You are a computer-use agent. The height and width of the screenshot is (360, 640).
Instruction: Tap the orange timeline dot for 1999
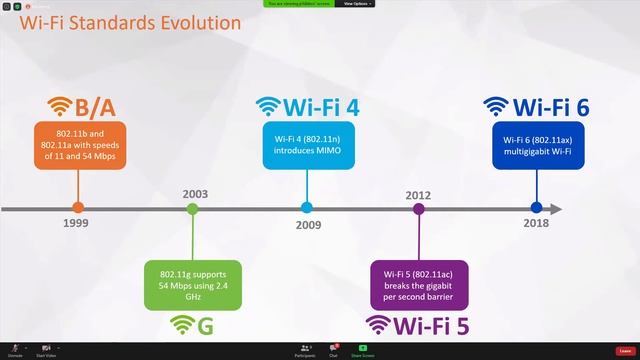78,208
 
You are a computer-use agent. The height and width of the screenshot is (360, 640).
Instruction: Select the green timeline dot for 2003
192,208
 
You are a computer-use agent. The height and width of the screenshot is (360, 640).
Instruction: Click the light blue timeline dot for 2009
307,208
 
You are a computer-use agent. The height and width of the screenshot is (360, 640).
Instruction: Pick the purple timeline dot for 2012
419,208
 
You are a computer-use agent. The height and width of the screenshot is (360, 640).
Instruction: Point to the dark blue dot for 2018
536,208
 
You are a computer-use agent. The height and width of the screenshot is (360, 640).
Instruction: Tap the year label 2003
196,193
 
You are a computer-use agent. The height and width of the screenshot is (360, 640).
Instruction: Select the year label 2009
309,225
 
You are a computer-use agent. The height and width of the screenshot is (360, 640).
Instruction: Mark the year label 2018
536,224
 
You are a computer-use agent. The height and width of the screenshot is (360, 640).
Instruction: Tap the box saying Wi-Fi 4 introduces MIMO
307,144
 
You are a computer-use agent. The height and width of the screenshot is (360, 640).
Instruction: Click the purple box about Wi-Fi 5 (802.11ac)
419,283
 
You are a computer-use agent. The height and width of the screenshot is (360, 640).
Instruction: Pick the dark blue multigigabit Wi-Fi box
536,144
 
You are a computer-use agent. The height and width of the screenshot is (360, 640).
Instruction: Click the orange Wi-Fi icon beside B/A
61,106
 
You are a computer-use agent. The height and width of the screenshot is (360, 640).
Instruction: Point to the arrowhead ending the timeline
556,208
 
